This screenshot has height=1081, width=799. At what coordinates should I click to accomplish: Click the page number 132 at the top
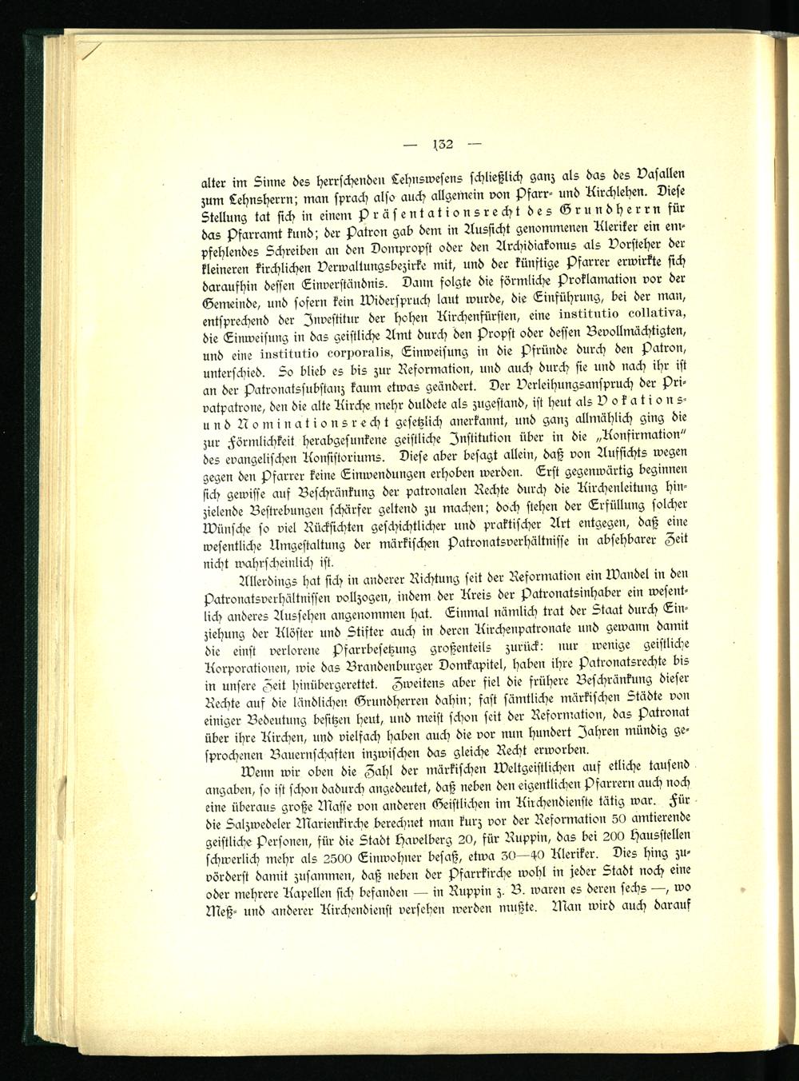click(x=440, y=145)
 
